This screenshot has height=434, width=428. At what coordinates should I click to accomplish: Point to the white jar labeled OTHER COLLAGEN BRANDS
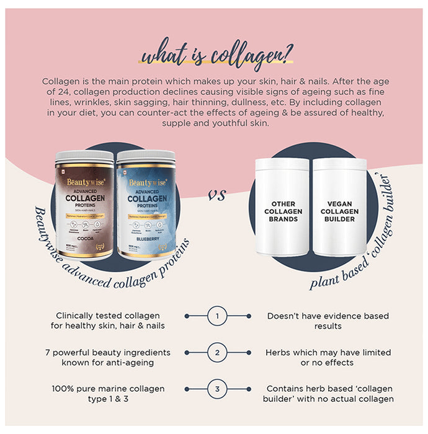[282, 208]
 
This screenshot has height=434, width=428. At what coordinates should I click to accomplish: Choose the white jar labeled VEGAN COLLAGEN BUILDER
[339, 208]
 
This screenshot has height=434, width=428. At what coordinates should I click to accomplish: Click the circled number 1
[217, 316]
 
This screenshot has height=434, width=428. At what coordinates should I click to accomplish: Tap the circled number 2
[217, 353]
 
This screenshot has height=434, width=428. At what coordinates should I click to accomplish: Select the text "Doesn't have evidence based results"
[328, 321]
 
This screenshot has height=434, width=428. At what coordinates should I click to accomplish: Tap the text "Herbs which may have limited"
[328, 352]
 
